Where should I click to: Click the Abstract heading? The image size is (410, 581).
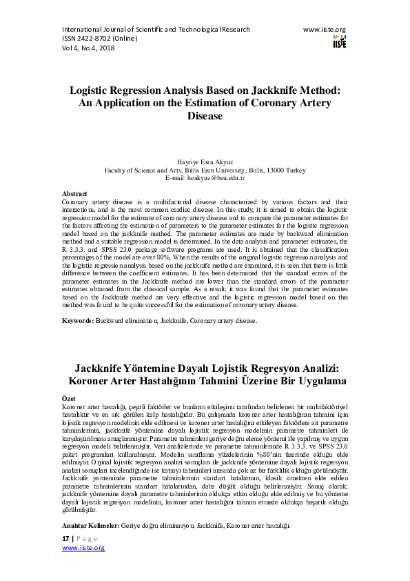[74, 194]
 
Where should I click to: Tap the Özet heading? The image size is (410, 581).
[68, 399]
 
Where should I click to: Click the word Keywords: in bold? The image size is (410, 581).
[79, 321]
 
